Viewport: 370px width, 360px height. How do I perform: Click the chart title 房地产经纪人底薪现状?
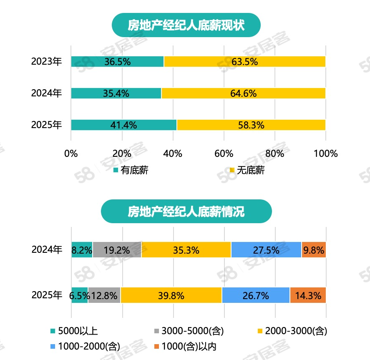[186, 25]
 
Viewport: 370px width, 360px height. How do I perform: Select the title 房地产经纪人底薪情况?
[186, 211]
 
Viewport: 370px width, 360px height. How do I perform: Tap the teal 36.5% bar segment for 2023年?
[117, 62]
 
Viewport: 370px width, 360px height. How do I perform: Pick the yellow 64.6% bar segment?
[243, 93]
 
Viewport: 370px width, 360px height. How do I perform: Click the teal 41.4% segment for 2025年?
[123, 125]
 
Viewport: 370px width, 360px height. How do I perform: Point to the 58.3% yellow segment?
[251, 125]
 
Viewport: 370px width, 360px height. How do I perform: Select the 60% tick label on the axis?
[224, 154]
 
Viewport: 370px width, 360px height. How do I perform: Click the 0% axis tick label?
[71, 154]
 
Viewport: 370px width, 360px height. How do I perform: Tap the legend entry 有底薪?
[131, 170]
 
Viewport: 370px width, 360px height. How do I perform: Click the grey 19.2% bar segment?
[117, 250]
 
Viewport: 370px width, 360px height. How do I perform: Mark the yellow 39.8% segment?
[171, 295]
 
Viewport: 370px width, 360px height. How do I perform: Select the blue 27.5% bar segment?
[266, 250]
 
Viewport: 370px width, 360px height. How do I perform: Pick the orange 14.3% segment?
[308, 295]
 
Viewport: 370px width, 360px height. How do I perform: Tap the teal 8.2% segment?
[82, 250]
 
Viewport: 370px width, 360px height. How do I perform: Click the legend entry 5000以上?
[74, 331]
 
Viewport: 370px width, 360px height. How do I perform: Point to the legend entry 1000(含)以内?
[185, 346]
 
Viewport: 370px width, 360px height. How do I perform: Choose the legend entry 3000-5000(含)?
[189, 331]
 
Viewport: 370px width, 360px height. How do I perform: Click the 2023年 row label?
[46, 62]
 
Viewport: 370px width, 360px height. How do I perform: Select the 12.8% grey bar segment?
[104, 295]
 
